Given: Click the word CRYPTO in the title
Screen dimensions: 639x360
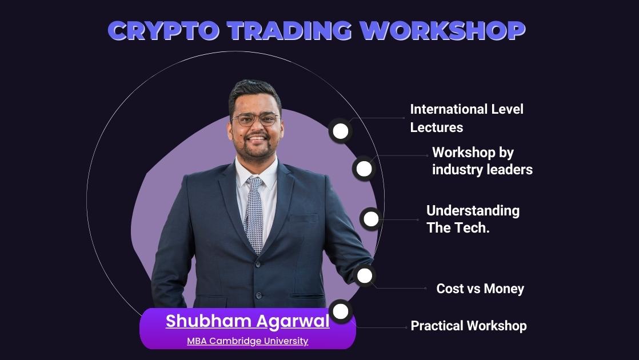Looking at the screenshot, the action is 164,30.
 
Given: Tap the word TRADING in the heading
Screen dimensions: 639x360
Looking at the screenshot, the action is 289,30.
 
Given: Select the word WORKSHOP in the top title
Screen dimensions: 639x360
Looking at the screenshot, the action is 442,30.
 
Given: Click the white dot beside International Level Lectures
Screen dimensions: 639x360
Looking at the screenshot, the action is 341,131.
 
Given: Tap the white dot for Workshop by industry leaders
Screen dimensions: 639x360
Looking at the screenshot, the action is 364,169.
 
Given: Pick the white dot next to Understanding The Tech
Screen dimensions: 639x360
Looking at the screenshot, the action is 371,219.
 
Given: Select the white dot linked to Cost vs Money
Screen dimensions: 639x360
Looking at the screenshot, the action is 365,275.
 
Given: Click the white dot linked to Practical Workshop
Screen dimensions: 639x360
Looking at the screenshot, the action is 341,311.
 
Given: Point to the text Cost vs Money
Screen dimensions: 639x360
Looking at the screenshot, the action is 480,289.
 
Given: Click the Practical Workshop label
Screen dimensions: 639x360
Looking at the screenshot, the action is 469,326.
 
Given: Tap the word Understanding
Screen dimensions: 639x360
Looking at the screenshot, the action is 473,211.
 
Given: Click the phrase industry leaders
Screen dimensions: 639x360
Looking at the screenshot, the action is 482,169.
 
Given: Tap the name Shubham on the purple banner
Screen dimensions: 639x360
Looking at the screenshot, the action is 208,321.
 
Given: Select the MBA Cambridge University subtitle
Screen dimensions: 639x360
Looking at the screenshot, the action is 247,341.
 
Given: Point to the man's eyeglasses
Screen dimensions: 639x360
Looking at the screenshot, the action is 256,119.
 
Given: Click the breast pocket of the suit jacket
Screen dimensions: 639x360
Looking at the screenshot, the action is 303,218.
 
